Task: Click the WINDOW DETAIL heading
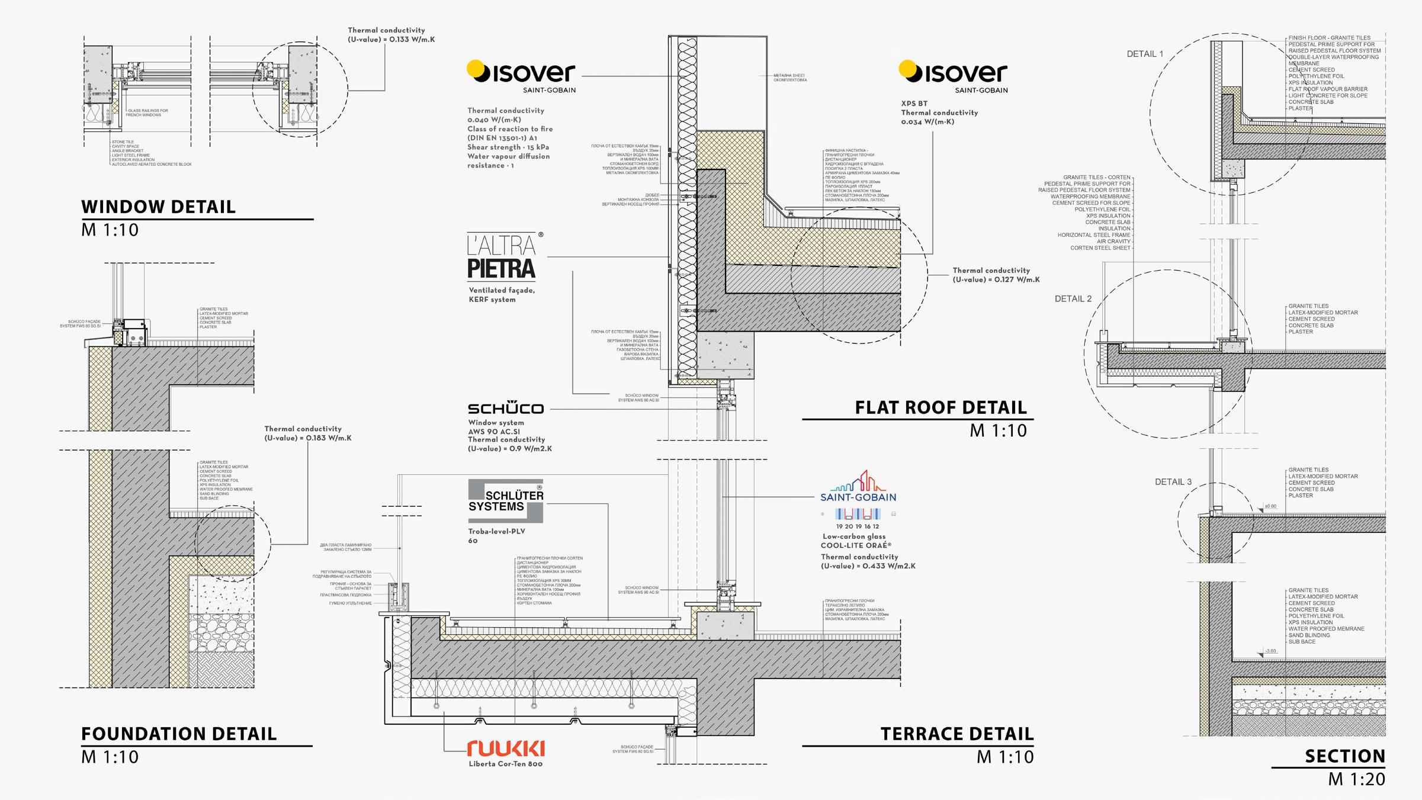click(x=158, y=207)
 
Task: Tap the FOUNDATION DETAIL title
click(x=178, y=734)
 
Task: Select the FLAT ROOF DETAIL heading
click(x=940, y=407)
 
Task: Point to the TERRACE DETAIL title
click(x=956, y=734)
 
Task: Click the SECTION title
click(x=1344, y=756)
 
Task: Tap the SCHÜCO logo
click(x=505, y=408)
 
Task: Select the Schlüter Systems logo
click(x=505, y=501)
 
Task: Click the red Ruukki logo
click(x=505, y=748)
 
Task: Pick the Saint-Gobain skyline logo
click(x=858, y=487)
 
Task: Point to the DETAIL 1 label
click(x=1144, y=54)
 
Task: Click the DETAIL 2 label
click(x=1073, y=299)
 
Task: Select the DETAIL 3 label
click(x=1173, y=482)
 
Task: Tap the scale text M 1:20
click(x=1356, y=779)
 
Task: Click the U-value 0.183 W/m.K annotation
click(x=307, y=433)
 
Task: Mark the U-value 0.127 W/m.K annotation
click(x=996, y=275)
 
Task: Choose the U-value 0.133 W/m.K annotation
click(x=391, y=35)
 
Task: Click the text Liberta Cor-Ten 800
click(x=505, y=764)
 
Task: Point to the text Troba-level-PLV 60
click(x=496, y=536)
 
